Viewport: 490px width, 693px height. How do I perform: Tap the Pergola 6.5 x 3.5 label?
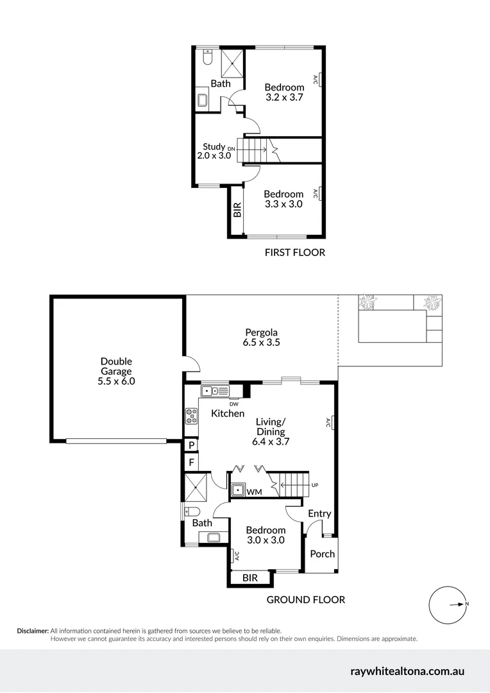(x=262, y=338)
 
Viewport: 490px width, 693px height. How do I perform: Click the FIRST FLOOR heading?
(x=294, y=253)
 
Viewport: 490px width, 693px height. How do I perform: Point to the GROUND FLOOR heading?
(x=306, y=600)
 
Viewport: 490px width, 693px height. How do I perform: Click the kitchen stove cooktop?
(x=191, y=416)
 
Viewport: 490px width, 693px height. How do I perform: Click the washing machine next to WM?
(x=238, y=491)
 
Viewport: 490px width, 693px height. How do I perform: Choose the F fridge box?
(x=191, y=462)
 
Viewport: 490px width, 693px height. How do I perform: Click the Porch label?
(x=323, y=554)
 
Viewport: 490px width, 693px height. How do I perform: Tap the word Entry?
(x=319, y=513)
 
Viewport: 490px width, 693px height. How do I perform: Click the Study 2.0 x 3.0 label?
(x=214, y=151)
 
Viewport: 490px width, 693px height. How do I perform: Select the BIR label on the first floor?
(x=237, y=210)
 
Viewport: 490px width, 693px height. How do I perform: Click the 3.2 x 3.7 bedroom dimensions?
(x=284, y=98)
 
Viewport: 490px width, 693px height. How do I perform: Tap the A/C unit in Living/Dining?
(x=332, y=422)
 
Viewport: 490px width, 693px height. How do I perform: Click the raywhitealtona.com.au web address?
(x=407, y=672)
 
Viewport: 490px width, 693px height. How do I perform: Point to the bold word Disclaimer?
(x=33, y=631)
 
